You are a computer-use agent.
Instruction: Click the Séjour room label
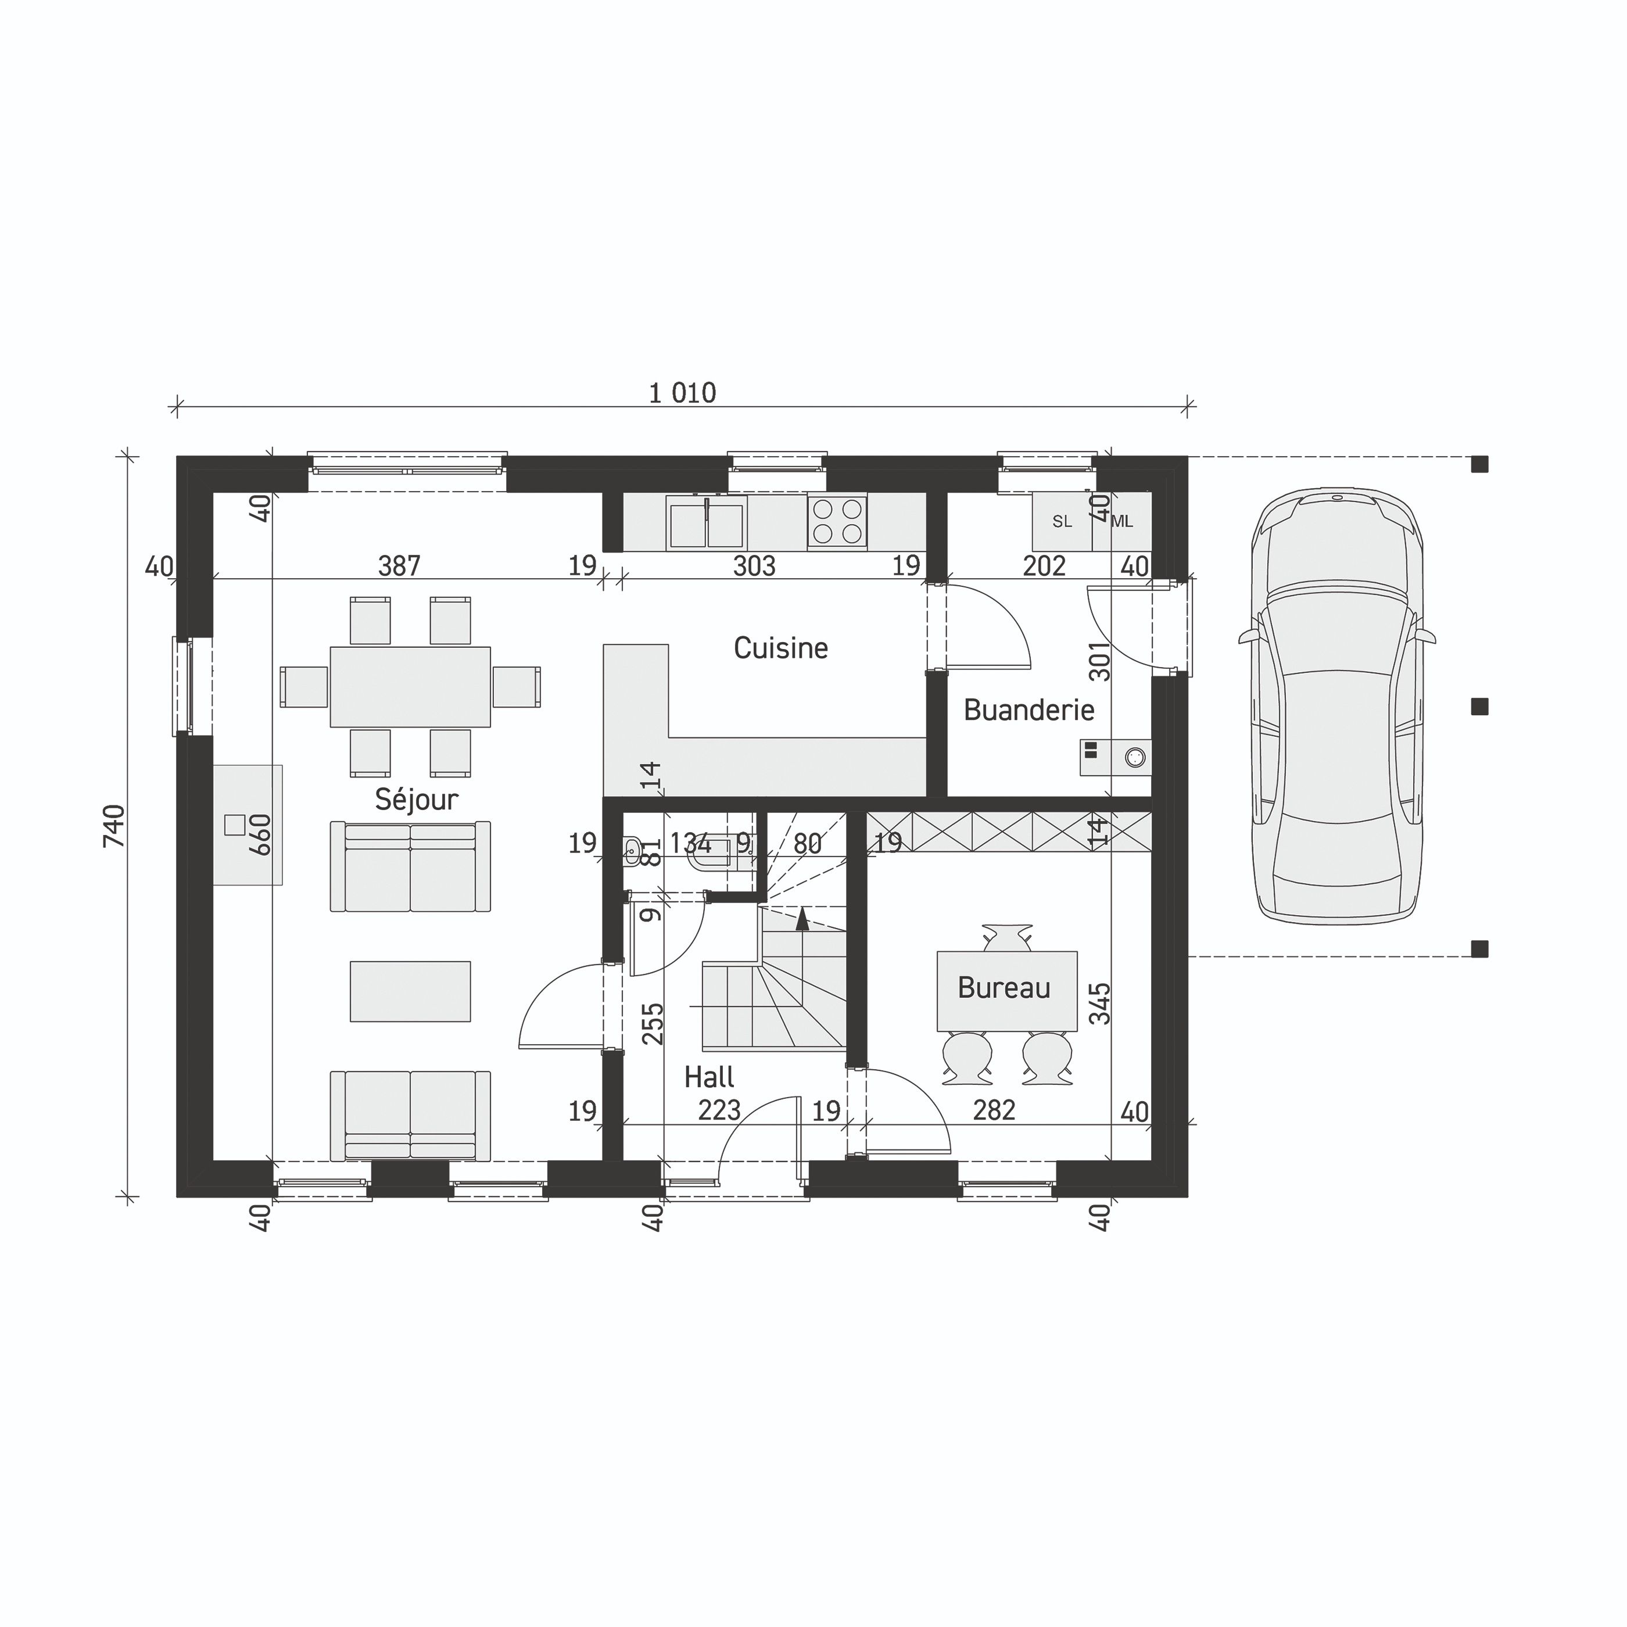[x=416, y=799]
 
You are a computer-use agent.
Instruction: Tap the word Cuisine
[x=780, y=647]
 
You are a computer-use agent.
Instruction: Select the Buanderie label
[x=1028, y=710]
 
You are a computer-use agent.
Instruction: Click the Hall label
[x=708, y=1077]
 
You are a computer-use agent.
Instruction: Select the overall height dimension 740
[x=114, y=826]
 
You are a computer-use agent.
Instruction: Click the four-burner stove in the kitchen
[x=836, y=521]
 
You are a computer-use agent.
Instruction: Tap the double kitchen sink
[x=705, y=522]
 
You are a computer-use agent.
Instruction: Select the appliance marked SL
[x=1062, y=521]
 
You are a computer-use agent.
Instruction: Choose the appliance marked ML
[x=1123, y=521]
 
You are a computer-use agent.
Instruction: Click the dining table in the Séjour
[x=410, y=686]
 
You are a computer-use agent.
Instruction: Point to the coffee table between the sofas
[x=410, y=991]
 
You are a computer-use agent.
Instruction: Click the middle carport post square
[x=1479, y=707]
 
